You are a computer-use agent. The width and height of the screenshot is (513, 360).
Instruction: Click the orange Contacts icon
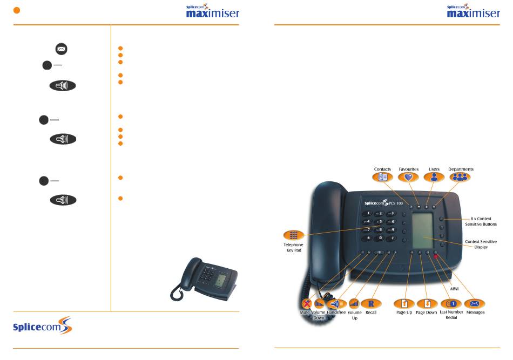point(383,177)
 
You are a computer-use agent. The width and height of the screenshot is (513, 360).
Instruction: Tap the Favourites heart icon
point(409,177)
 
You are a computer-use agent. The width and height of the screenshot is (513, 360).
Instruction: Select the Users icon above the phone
point(434,177)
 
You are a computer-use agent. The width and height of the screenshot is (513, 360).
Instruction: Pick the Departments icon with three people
point(461,177)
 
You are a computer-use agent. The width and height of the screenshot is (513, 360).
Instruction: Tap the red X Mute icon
point(307,303)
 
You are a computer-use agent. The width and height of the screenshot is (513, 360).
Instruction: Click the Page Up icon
point(404,303)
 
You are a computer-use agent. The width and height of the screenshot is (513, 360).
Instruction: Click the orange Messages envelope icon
point(475,303)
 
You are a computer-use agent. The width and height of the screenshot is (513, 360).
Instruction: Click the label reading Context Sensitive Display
point(481,244)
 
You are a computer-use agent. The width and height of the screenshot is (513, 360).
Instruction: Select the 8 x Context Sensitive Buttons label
point(481,221)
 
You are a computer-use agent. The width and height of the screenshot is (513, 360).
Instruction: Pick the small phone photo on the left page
point(205,277)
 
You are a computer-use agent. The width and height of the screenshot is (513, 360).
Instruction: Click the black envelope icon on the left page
point(60,49)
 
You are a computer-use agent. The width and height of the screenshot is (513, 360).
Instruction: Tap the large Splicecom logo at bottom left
point(42,327)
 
